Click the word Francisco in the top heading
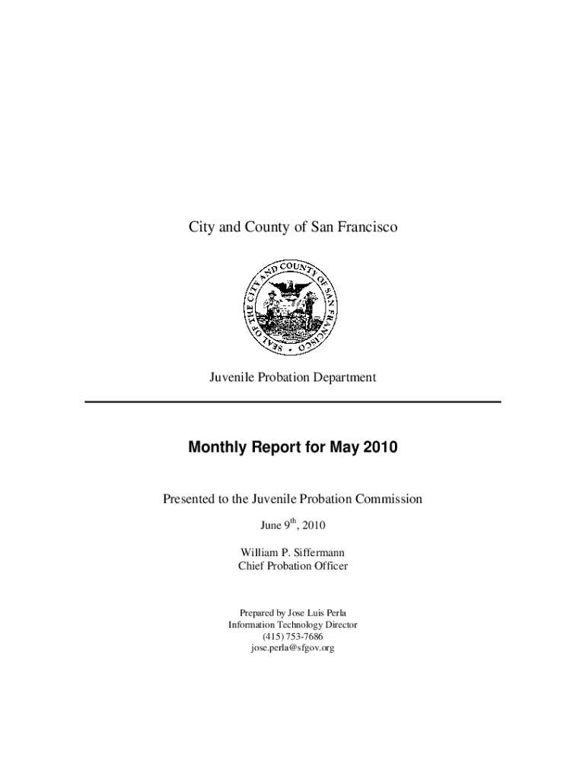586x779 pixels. coord(368,227)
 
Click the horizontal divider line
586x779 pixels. coord(293,402)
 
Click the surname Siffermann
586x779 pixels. coord(318,552)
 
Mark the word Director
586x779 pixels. coord(341,625)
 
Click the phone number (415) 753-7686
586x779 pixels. coord(293,636)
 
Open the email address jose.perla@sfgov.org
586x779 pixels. coord(293,648)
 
